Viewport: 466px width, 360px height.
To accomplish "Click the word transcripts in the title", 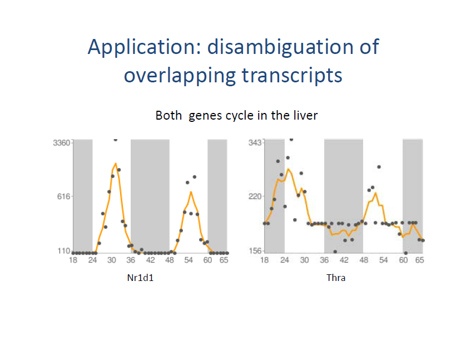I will (289, 75).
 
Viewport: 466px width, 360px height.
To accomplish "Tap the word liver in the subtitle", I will (306, 116).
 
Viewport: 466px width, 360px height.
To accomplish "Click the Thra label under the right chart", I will (335, 277).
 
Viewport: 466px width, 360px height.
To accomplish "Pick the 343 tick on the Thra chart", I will (255, 142).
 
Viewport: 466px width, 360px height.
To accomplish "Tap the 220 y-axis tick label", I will (255, 197).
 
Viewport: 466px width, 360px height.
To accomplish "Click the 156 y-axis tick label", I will (255, 251).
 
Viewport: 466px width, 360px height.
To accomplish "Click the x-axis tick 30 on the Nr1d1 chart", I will (112, 260).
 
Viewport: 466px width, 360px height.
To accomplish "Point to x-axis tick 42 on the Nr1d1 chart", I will (150, 260).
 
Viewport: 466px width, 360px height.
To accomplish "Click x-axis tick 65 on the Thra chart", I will (419, 260).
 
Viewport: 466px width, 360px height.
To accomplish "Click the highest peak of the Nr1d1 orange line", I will (115, 164).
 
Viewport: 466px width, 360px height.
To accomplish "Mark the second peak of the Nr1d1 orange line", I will (191, 192).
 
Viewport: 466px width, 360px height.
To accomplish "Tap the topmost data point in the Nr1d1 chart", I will (115, 139).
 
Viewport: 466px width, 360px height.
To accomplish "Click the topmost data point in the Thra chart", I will (291, 139).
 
